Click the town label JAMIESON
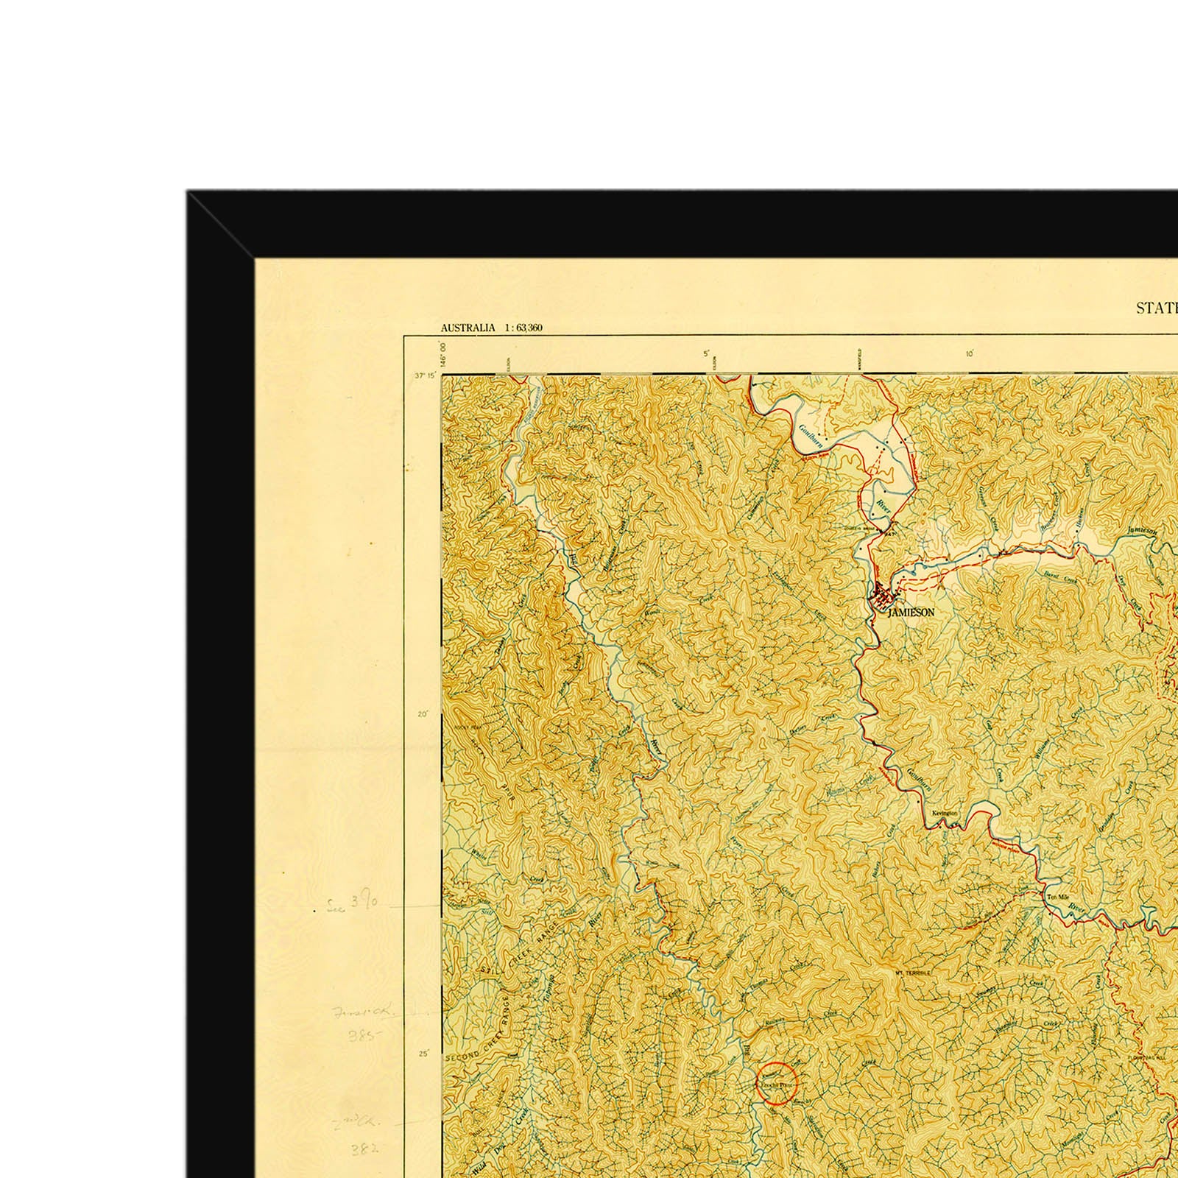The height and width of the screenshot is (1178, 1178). point(911,613)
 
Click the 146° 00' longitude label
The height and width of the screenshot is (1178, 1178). point(443,354)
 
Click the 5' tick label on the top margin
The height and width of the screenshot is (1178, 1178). point(705,354)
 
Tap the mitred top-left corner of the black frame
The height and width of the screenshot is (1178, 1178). point(221,225)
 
